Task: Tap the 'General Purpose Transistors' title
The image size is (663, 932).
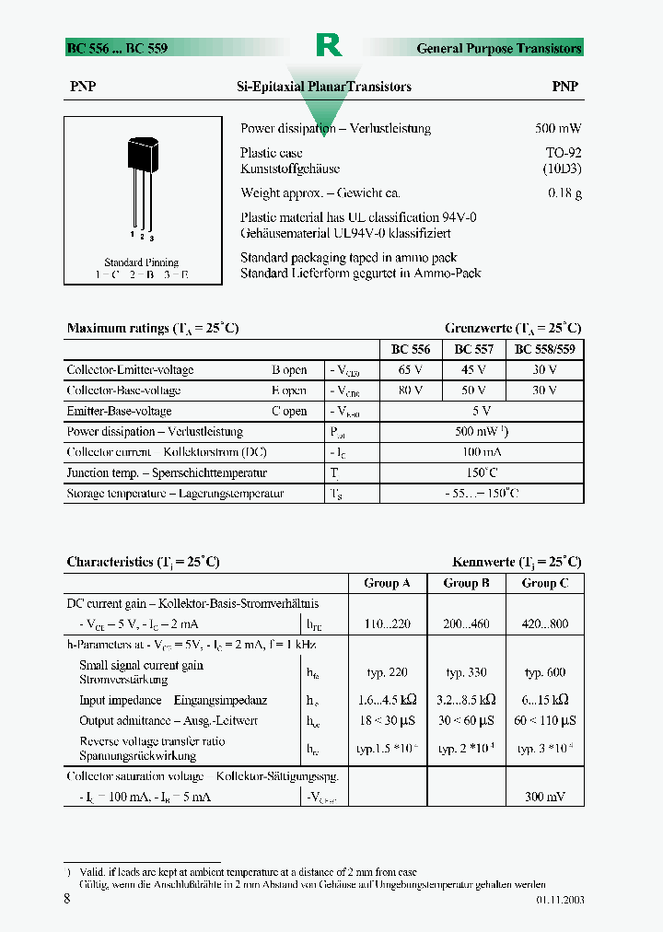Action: coord(499,48)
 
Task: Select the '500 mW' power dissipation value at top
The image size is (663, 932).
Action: coord(558,129)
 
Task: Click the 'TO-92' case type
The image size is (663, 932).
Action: coord(564,153)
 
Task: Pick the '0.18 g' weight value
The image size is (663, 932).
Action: coord(564,193)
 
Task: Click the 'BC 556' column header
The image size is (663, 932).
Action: coord(411,350)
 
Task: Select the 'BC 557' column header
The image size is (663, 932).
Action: coord(474,350)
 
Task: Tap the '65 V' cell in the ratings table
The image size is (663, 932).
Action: coord(411,370)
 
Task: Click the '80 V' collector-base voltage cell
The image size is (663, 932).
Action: coord(411,390)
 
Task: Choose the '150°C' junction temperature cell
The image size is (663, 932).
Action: coord(481,473)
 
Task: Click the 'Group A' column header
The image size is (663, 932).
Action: coord(388,583)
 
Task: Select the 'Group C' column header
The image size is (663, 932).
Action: coord(545,583)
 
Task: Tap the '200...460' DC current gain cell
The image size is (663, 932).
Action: coord(466,624)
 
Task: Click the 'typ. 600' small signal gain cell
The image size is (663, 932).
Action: coord(545,673)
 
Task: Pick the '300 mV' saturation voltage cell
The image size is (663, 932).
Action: coord(545,797)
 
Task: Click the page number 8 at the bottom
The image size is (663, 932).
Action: coord(67,899)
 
